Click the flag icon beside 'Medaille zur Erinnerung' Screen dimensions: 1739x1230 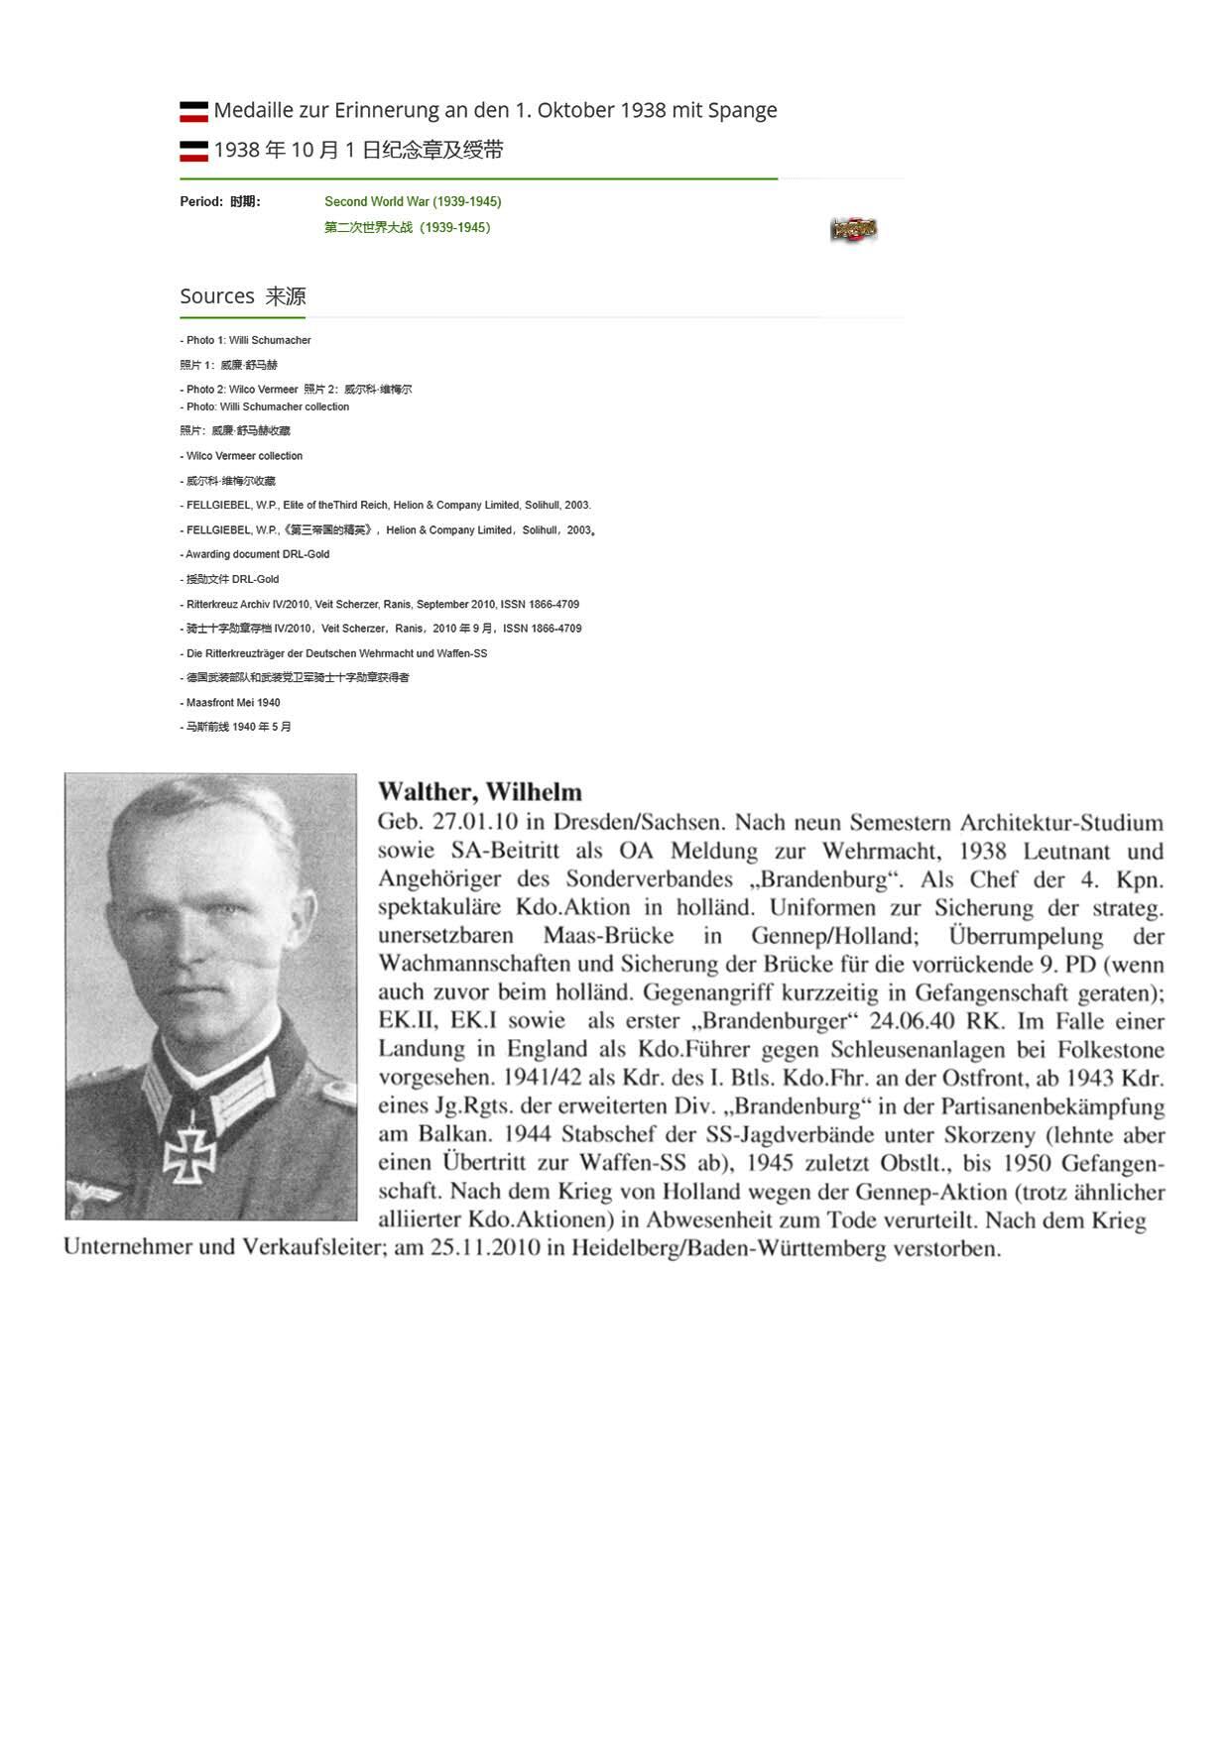(x=193, y=111)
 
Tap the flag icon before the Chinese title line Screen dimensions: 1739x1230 (x=193, y=151)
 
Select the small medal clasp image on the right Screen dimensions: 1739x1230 (x=853, y=230)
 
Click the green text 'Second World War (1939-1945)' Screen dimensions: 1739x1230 (x=413, y=201)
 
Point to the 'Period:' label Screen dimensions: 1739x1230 (x=201, y=201)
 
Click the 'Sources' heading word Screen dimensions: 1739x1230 (x=217, y=296)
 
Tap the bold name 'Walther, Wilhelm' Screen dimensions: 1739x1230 (x=480, y=792)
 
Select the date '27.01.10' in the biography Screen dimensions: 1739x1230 (x=475, y=822)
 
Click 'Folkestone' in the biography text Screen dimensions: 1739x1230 (x=1110, y=1049)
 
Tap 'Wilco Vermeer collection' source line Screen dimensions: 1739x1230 (x=244, y=456)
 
